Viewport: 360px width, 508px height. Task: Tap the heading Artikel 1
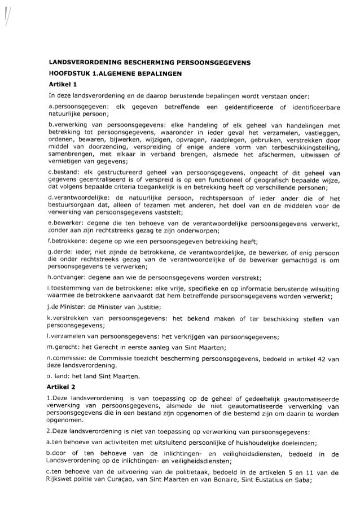click(x=62, y=84)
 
